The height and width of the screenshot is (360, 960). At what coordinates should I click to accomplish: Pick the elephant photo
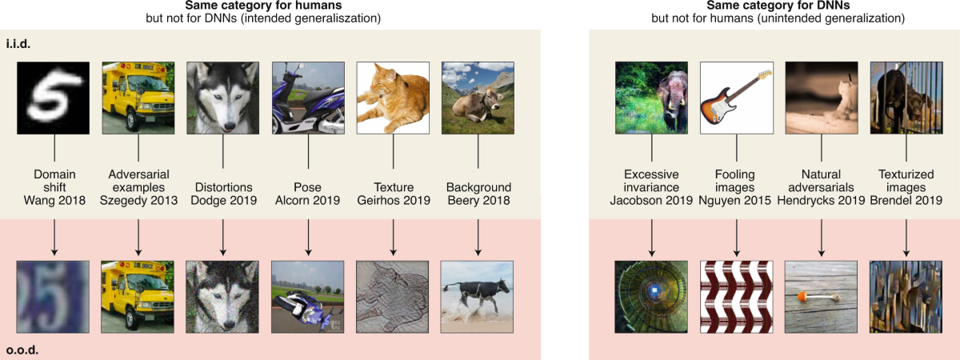(650, 98)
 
